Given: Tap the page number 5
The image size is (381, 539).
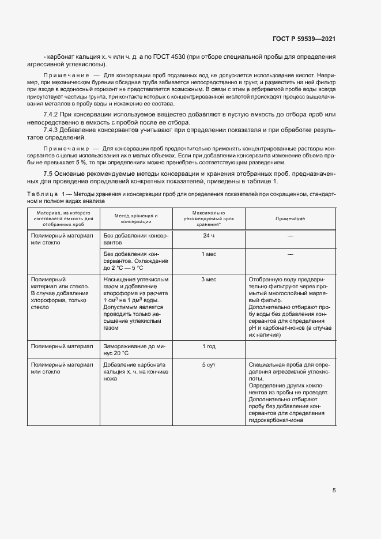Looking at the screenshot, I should pos(334,491).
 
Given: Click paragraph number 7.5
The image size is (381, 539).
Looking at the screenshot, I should pos(50,174).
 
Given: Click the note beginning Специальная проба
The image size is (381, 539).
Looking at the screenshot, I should pos(290,393).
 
